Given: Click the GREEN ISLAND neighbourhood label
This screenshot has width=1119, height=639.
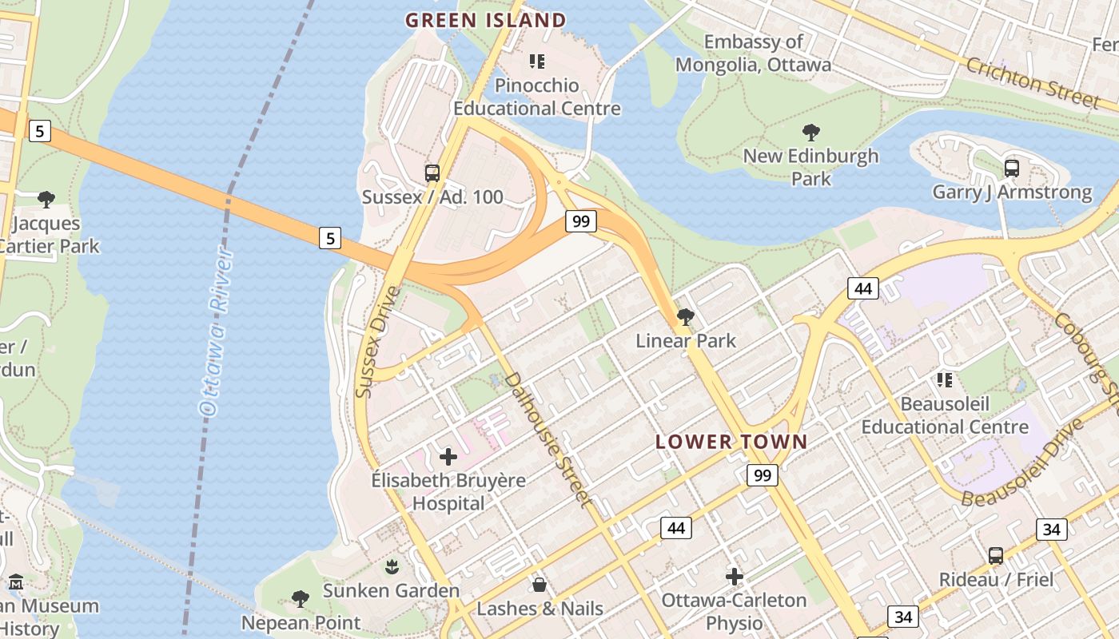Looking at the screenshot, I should click(486, 20).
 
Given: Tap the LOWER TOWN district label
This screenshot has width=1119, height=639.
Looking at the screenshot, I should click(731, 442).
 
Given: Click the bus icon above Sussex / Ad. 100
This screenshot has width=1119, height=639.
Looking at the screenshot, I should click(432, 173).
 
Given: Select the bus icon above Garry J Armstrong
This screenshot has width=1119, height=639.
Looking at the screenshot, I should click(1011, 169).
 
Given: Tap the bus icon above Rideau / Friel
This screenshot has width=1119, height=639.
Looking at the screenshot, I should click(995, 556).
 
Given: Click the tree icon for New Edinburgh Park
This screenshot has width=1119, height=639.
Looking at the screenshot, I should click(811, 133).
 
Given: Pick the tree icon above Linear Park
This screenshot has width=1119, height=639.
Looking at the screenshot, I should click(685, 317).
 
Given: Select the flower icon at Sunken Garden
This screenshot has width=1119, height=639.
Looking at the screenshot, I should click(392, 568).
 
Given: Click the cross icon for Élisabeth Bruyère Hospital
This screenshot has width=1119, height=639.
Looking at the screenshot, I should click(448, 457).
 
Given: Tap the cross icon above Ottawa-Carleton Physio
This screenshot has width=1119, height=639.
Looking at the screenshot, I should click(734, 576).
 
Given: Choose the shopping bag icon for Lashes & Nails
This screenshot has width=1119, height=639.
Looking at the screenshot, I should click(540, 585).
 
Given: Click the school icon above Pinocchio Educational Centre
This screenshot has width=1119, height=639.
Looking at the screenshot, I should click(537, 62).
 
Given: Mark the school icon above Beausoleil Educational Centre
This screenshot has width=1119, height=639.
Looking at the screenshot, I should click(945, 380).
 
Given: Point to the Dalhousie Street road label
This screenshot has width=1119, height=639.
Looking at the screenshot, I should click(550, 439).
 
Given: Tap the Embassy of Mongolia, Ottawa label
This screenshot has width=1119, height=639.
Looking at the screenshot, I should click(753, 53).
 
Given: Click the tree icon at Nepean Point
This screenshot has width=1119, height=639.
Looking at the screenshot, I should click(301, 598).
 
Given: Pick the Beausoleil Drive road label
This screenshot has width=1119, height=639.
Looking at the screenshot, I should click(1023, 464).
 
